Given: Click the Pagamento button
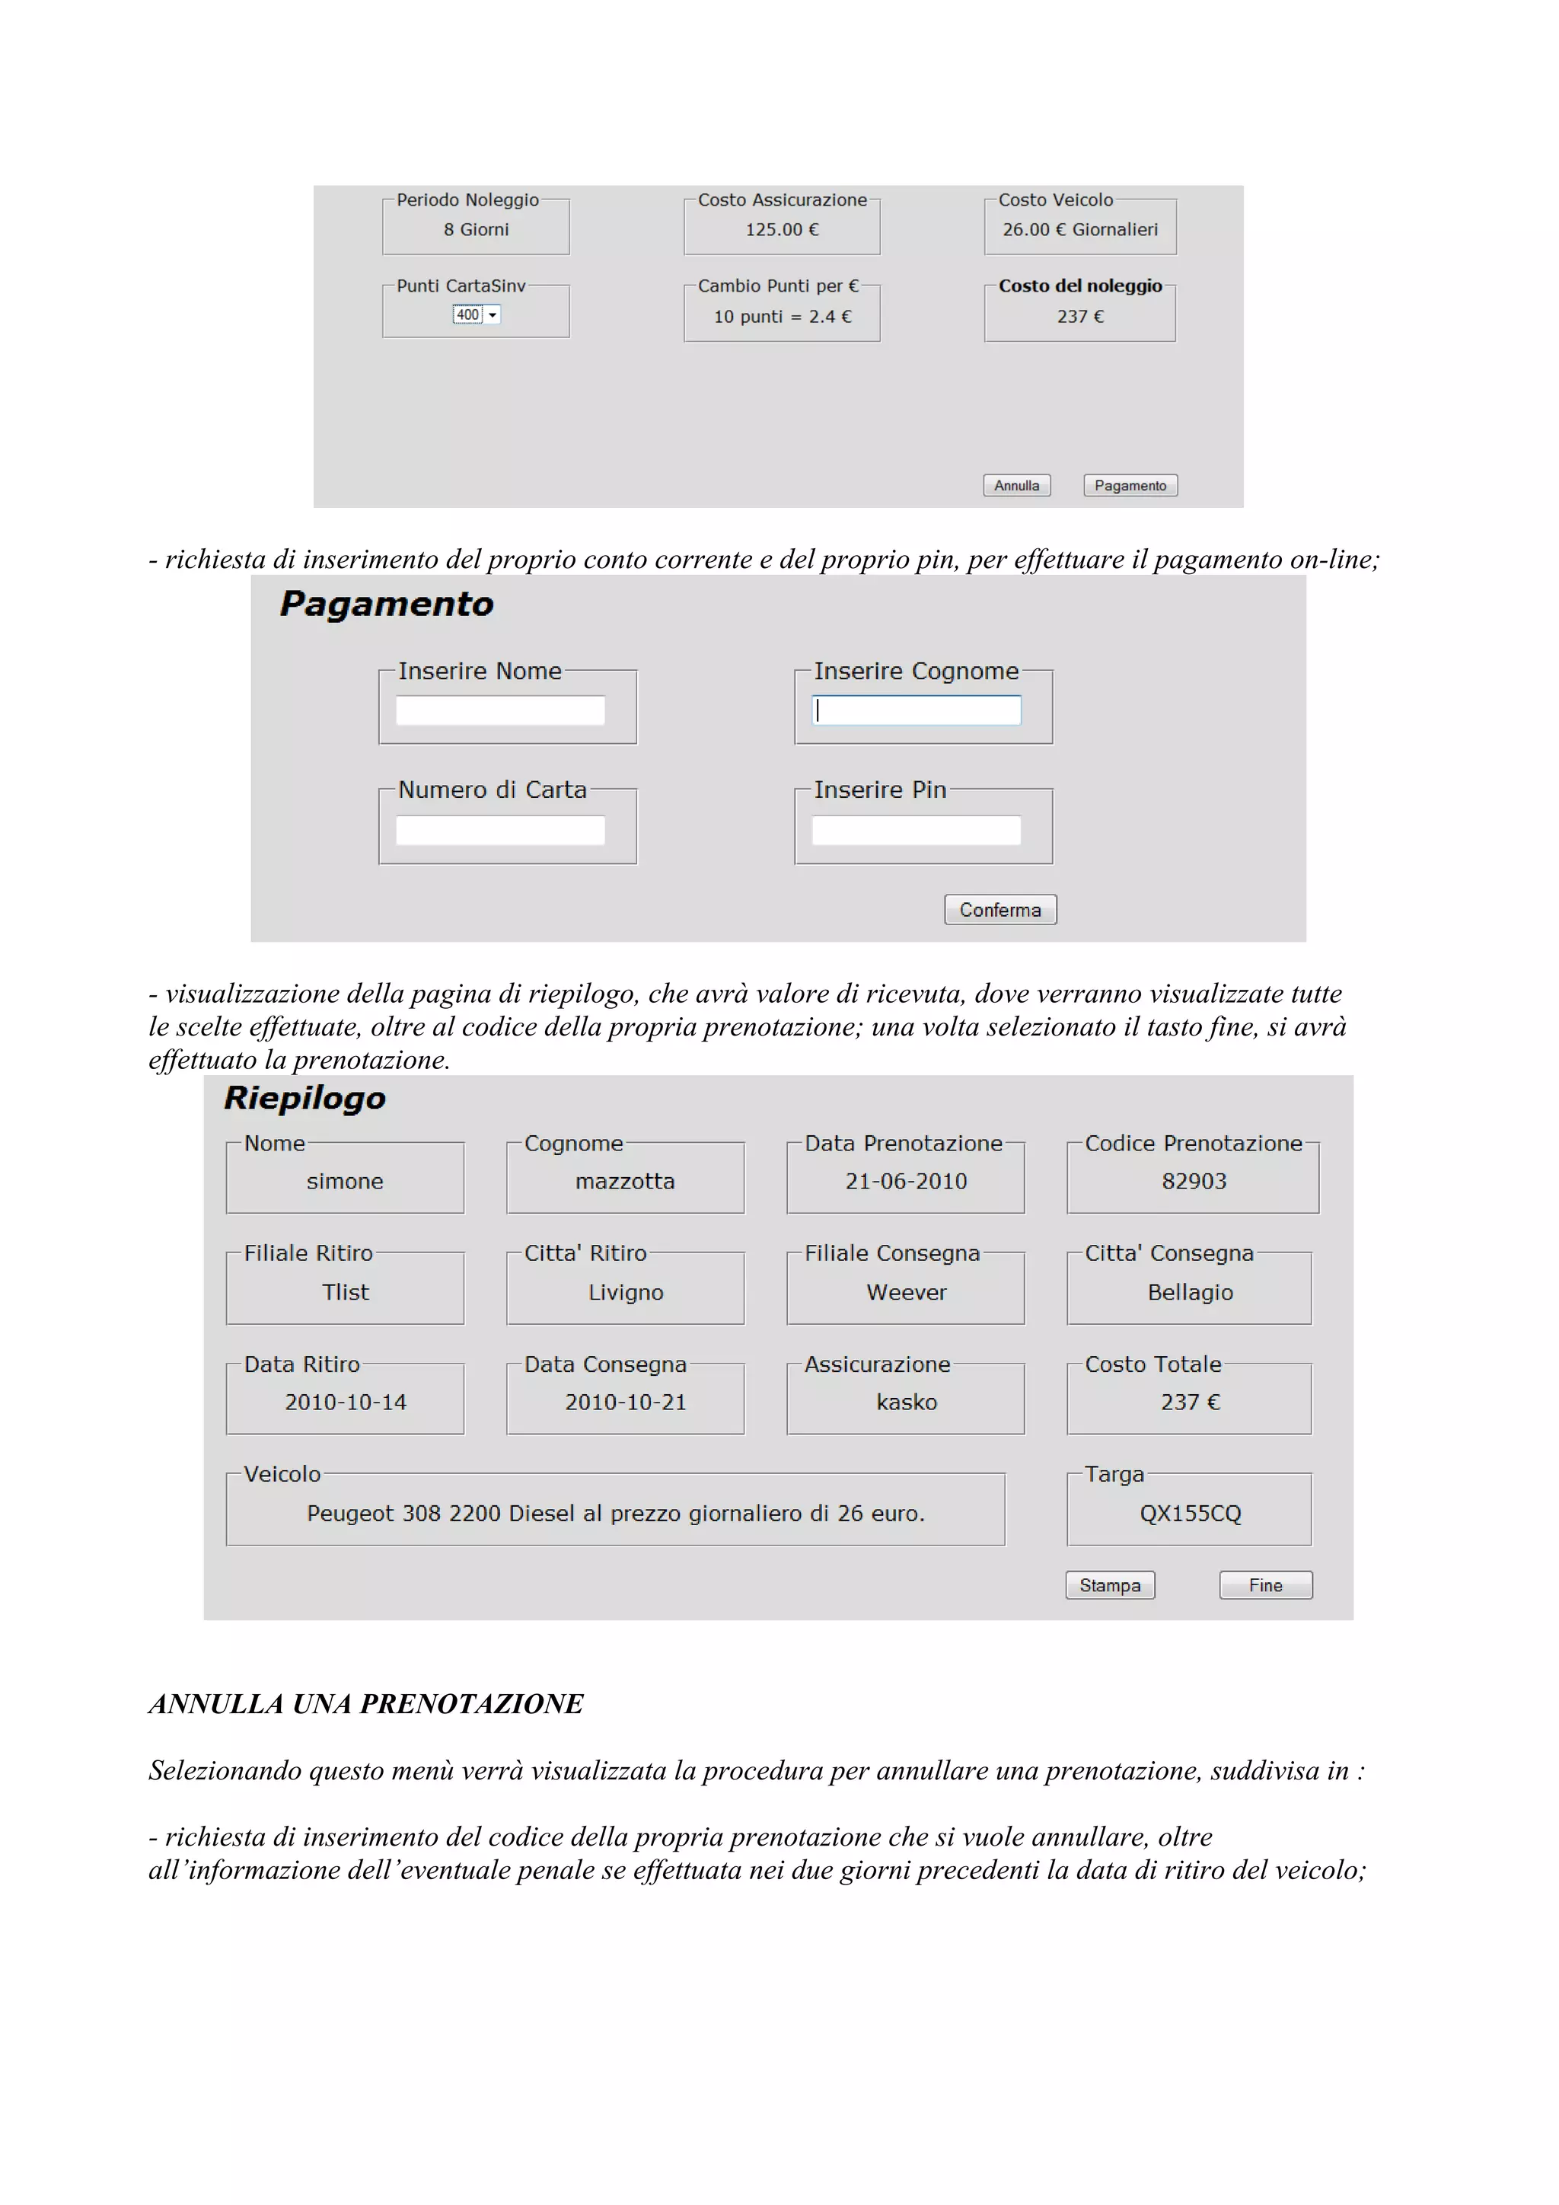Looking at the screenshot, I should (1130, 486).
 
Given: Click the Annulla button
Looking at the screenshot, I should (1016, 486).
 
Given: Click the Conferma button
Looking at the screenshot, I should (999, 909).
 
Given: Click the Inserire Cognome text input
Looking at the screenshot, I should (916, 710).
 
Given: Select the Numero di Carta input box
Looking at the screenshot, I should (500, 831).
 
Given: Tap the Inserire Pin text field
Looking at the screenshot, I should (916, 831).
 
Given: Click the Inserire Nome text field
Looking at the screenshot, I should (500, 710).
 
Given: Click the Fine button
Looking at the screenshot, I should (1264, 1585).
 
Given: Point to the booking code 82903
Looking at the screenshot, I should (1194, 1181).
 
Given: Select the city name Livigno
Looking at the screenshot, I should (625, 1293).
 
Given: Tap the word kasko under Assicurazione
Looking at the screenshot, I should (905, 1402).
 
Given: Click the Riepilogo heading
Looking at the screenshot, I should (304, 1098).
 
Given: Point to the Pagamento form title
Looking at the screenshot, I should (386, 604).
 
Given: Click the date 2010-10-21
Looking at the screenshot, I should (625, 1402).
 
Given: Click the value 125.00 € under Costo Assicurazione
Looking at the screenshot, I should (782, 229).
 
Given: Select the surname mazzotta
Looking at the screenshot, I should (625, 1181).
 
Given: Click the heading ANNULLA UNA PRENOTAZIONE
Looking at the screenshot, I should (365, 1704).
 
